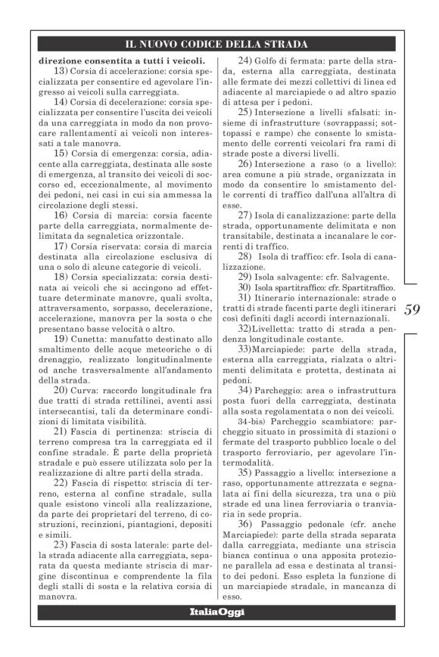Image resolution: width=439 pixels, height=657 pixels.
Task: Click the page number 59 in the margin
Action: click(x=413, y=309)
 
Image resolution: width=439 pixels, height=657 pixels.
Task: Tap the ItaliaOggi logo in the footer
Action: click(x=217, y=612)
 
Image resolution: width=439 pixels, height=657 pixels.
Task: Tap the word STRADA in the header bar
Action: click(x=287, y=44)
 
